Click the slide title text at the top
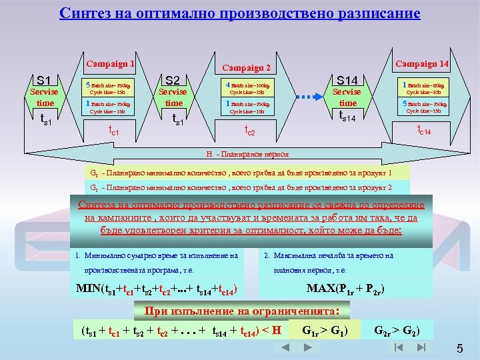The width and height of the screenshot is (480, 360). [239, 13]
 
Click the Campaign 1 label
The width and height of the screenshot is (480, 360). [110, 65]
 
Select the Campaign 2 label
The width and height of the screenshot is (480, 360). [247, 67]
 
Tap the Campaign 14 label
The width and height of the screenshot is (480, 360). [423, 64]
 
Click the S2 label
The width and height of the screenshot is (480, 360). [173, 78]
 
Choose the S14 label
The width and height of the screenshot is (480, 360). [347, 78]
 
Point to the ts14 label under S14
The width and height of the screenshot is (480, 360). [347, 117]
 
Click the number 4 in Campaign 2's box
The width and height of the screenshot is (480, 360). [228, 85]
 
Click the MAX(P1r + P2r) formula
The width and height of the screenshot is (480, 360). [345, 289]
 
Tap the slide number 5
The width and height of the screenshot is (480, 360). [459, 349]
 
